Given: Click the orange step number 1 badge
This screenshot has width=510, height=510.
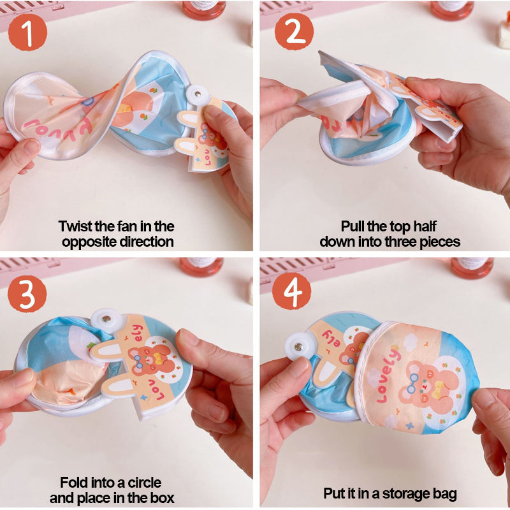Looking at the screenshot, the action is coord(27,33).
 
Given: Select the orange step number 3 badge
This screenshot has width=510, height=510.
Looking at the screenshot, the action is coord(27,294).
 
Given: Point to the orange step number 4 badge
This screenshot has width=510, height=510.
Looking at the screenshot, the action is coord(291,291).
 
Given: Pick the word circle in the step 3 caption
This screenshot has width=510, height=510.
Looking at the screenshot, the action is coord(144,483).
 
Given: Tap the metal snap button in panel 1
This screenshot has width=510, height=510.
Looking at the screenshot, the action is coord(198,94).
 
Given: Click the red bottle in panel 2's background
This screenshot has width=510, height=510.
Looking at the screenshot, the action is coord(452,10).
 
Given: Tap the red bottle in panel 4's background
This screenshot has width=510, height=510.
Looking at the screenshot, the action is coord(472,268).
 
